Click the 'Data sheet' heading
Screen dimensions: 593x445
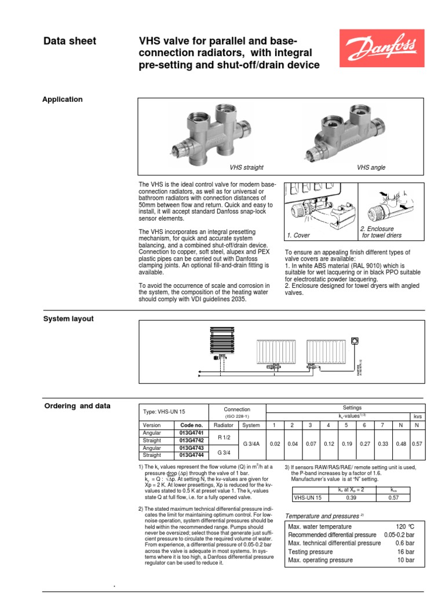[70, 41]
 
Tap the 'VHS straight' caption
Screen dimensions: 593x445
[246, 167]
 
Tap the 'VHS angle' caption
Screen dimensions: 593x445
[371, 167]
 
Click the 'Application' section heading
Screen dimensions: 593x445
[63, 100]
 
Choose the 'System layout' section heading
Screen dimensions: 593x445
[69, 319]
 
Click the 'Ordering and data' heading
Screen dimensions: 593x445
[77, 406]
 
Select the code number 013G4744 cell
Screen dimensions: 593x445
[190, 455]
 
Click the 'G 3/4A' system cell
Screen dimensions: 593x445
[251, 444]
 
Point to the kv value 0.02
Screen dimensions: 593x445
[275, 444]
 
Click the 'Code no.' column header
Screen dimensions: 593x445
[190, 424]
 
